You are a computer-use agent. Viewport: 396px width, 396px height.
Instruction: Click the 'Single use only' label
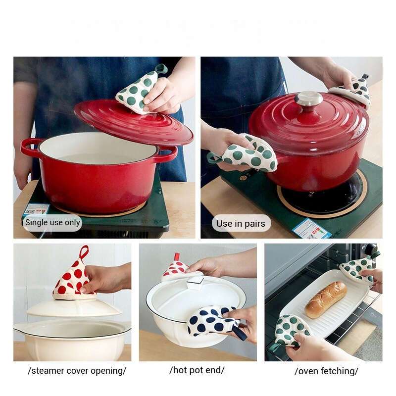52,223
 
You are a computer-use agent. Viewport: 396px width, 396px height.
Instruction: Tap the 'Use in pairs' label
241,223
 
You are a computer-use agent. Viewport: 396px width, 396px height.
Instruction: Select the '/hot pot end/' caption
197,370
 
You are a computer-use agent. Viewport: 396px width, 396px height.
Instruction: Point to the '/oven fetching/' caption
326,371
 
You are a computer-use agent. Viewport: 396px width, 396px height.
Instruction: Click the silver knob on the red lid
308,98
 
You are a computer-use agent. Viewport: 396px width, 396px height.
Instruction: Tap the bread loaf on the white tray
325,299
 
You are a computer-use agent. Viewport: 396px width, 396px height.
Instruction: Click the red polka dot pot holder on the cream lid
74,279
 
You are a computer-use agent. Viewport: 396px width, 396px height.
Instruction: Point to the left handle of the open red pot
30,147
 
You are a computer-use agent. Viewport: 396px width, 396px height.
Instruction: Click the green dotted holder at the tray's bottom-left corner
292,329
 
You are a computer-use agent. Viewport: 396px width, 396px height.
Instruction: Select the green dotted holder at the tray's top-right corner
358,268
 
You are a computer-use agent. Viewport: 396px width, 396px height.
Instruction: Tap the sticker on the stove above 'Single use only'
37,210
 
